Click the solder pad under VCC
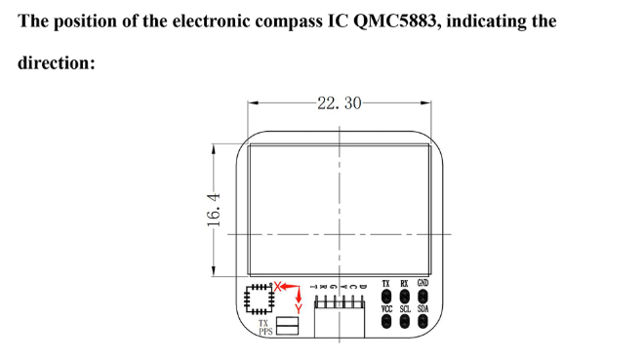[x=387, y=321]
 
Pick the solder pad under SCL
[x=405, y=321]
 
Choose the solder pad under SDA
[x=423, y=321]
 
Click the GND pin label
[x=423, y=283]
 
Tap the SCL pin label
[x=405, y=309]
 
